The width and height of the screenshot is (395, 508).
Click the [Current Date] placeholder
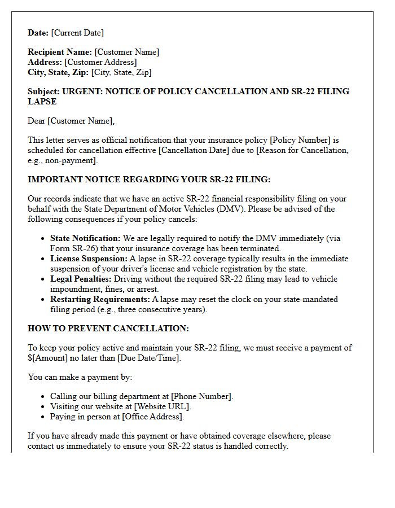pyautogui.click(x=77, y=33)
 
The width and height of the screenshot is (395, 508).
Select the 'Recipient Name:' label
pyautogui.click(x=60, y=52)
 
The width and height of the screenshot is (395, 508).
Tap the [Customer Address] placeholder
pyautogui.click(x=100, y=62)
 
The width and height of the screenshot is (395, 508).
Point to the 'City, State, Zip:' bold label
pyautogui.click(x=58, y=72)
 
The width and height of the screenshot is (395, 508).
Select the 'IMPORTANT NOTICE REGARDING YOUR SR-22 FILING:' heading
pyautogui.click(x=149, y=179)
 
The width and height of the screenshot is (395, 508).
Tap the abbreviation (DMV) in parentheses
pyautogui.click(x=234, y=209)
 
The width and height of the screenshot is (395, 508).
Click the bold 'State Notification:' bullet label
pyautogui.click(x=85, y=238)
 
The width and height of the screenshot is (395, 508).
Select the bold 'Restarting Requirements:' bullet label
pyautogui.click(x=100, y=299)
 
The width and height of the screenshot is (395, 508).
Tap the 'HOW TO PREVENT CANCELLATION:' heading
pyautogui.click(x=108, y=329)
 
